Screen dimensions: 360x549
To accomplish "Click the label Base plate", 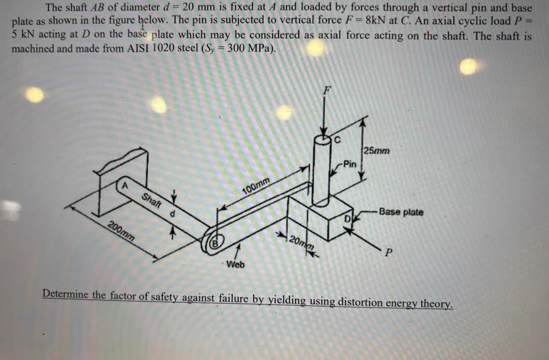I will [x=401, y=212].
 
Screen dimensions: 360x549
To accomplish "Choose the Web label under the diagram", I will [x=236, y=265].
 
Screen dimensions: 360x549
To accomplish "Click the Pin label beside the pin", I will [x=349, y=165].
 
